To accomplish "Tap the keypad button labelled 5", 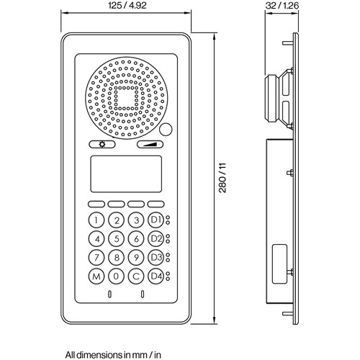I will tap(116, 239).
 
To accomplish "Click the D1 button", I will tap(156, 220).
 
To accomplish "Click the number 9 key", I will tap(136, 258).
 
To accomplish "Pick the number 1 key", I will tap(96, 220).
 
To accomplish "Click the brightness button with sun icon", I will tap(102, 145).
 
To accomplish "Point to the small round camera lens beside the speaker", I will tap(166, 130).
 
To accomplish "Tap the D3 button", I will tap(156, 258).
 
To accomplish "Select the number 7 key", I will tap(96, 258).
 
